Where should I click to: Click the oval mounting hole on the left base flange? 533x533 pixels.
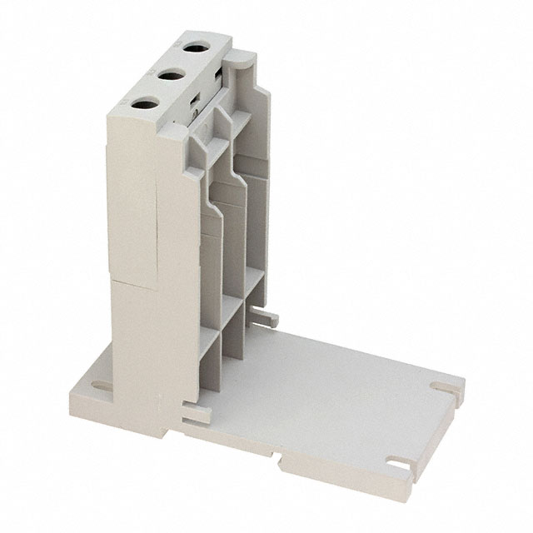(x=97, y=386)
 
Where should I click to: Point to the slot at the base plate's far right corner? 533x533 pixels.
(x=439, y=386)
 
